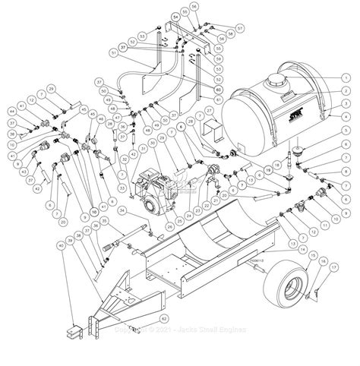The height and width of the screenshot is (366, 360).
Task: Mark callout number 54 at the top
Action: click(x=174, y=15)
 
